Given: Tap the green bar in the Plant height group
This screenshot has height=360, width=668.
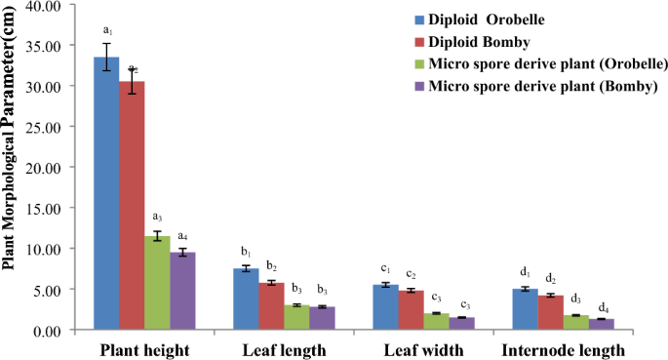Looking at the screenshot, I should pos(157,283).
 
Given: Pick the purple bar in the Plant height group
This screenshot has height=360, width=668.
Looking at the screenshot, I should pos(182,291).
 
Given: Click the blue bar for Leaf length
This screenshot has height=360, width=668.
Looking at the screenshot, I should pos(246,299).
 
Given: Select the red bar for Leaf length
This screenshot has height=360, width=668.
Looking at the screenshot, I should pos(271,305).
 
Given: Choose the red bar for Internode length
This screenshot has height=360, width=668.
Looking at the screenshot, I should pos(551,312).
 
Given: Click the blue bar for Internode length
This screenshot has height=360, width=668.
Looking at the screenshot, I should pos(526,309).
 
